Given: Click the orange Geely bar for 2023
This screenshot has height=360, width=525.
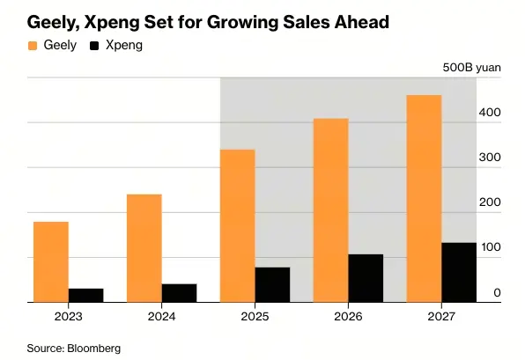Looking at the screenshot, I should click(51, 261).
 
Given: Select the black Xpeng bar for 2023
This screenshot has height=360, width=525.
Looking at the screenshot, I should click(86, 295).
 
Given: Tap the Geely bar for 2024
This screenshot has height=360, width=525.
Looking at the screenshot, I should click(144, 247).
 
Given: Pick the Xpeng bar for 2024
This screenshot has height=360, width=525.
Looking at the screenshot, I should click(179, 292).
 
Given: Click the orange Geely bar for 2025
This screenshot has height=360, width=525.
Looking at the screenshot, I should click(237, 225).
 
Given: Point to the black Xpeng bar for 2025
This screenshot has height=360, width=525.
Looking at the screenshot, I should click(272, 284).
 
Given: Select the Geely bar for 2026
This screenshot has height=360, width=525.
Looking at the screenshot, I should click(330, 209).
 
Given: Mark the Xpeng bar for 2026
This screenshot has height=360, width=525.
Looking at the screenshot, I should click(366, 278).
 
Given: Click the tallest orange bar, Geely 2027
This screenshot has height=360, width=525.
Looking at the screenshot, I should click(424, 198).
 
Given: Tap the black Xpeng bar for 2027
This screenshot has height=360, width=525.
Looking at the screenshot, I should click(459, 272).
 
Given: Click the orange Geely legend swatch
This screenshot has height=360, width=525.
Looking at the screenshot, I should click(33, 45).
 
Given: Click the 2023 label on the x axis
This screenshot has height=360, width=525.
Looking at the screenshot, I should click(69, 316).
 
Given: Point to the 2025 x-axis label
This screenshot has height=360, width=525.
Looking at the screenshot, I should click(255, 316).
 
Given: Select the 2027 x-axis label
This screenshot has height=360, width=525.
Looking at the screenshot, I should click(440, 316).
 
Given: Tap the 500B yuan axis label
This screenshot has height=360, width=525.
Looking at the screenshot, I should click(471, 68).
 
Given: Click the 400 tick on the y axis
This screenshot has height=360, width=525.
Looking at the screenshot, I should click(491, 113).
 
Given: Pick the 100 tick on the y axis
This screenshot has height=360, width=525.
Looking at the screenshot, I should click(491, 247).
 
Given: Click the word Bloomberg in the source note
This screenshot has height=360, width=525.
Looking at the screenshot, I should click(93, 348).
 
